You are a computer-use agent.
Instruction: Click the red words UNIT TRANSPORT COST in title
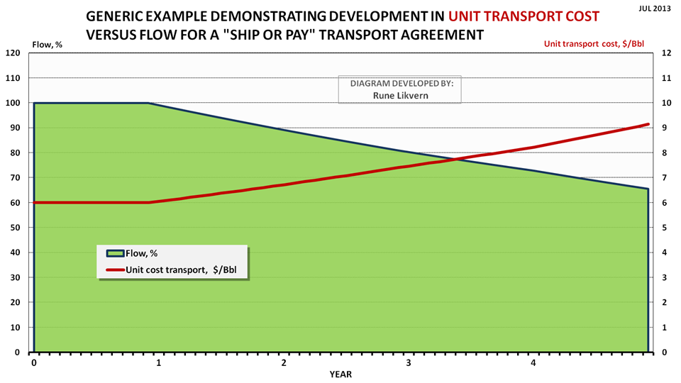tap(524, 16)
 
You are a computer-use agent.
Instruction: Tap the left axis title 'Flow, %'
tap(48, 45)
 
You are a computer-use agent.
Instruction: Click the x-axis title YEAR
tap(340, 374)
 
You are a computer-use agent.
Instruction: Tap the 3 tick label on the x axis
tap(409, 362)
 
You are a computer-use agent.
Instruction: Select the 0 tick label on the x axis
tap(34, 362)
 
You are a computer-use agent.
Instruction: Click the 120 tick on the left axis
tap(12, 53)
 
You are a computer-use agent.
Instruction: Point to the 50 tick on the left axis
tap(14, 228)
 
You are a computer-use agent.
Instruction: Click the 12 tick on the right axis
tap(665, 53)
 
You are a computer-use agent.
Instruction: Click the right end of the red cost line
tap(648, 124)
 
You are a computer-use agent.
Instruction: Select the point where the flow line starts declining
tap(149, 103)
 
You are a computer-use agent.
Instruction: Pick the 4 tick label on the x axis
tap(533, 362)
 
